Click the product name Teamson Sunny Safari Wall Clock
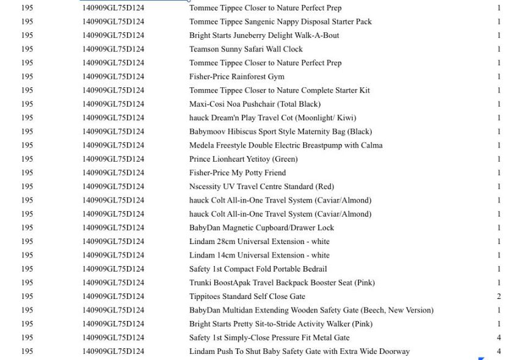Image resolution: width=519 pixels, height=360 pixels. point(245,49)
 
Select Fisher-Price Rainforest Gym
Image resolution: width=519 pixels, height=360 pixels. point(236,77)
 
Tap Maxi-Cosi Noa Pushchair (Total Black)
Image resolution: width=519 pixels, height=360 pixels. point(255,104)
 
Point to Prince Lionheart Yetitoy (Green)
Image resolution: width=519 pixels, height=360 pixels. point(243,159)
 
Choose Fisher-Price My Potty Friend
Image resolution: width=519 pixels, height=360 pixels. point(237,173)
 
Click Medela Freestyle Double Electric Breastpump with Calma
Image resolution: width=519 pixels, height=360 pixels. point(286,145)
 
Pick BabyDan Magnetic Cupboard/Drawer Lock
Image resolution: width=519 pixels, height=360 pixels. point(261,228)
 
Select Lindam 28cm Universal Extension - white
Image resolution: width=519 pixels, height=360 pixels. point(259,242)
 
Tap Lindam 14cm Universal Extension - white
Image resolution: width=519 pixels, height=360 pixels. point(259,255)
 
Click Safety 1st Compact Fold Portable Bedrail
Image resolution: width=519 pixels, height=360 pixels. point(258,269)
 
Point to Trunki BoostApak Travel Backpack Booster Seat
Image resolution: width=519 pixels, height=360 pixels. point(281,283)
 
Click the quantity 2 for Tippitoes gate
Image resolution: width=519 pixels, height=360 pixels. point(499,297)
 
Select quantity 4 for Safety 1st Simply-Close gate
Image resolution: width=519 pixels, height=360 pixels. point(499,337)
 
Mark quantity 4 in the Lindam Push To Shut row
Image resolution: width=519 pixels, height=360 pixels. point(499,351)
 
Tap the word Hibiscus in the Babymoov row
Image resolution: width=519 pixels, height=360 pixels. point(242,132)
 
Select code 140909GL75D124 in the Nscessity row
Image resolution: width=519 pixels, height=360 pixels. point(113,187)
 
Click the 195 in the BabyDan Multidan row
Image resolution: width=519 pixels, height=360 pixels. point(27,310)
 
